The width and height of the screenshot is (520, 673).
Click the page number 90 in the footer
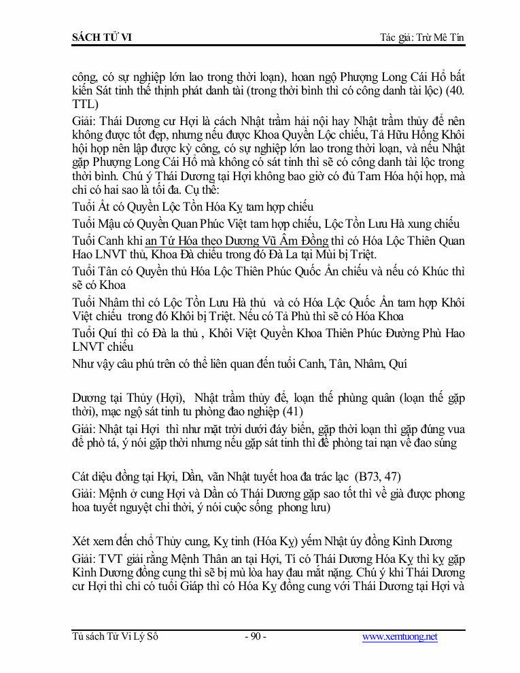tap(255, 637)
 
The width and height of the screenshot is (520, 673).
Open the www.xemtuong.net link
tap(400, 637)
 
